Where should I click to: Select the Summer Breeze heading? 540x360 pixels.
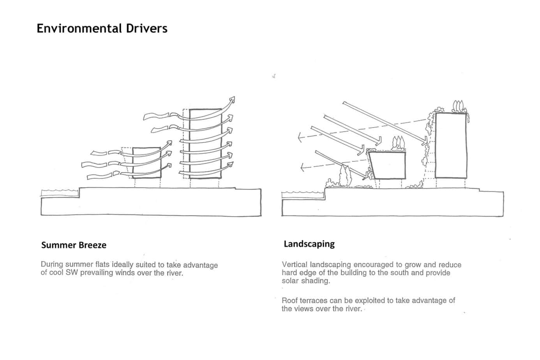[74, 245]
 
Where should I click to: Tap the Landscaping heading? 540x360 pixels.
[309, 244]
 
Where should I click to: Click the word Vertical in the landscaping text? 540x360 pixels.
[294, 265]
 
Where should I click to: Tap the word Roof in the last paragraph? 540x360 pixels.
[289, 300]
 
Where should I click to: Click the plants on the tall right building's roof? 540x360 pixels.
[459, 106]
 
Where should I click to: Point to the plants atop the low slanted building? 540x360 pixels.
[397, 143]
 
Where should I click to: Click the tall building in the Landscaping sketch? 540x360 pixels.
[451, 145]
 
